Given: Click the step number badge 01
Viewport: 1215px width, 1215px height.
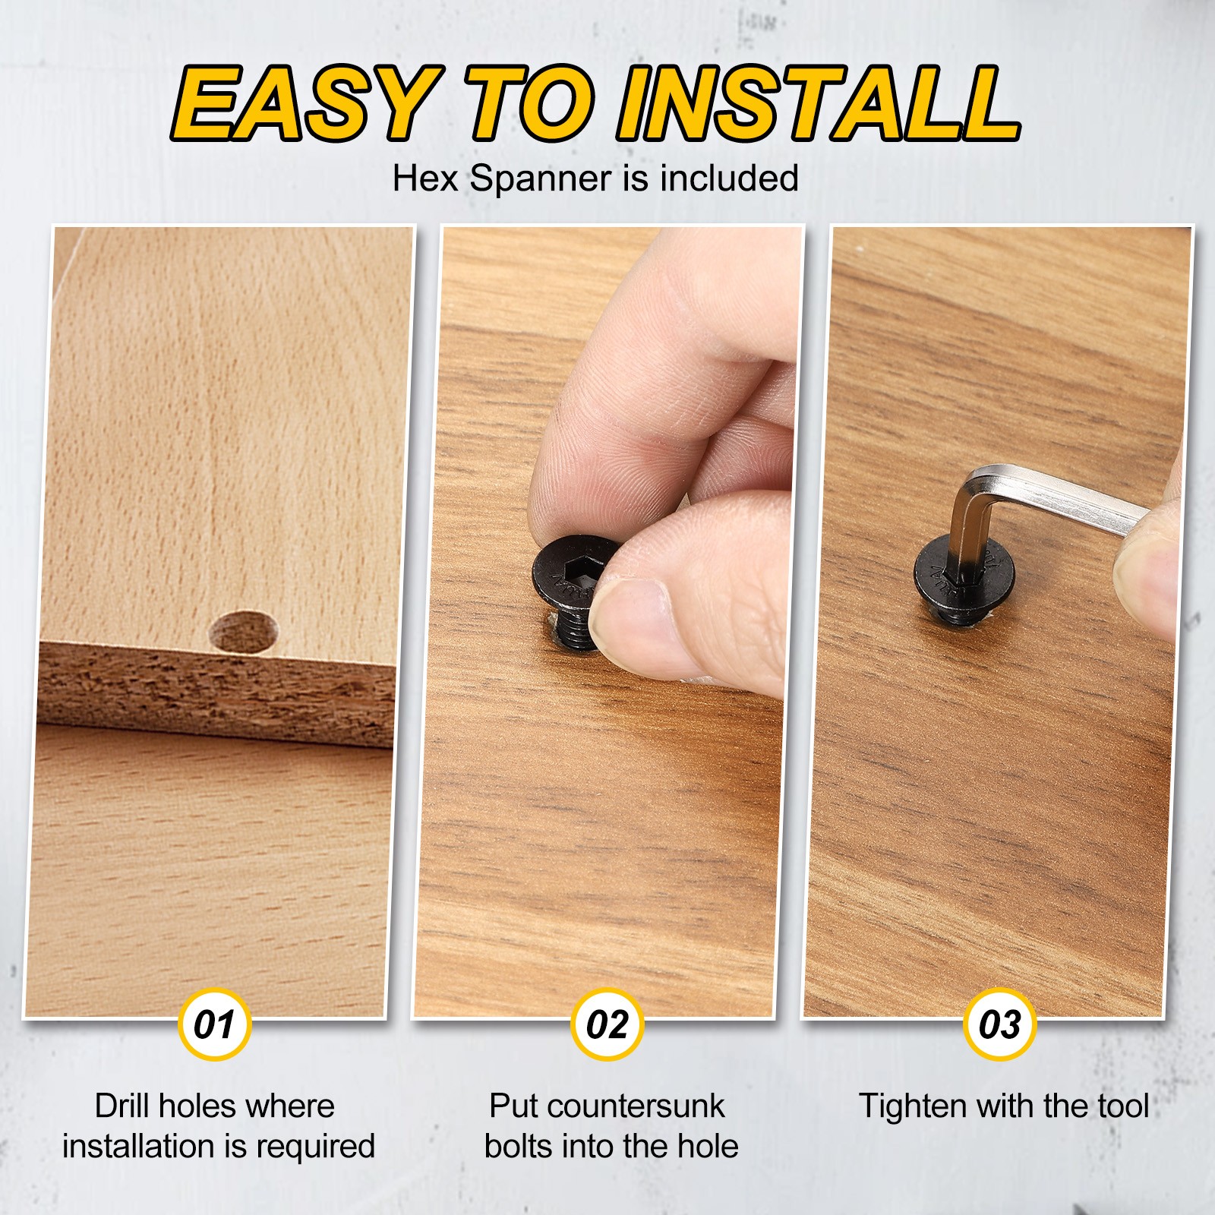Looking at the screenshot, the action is click(214, 1024).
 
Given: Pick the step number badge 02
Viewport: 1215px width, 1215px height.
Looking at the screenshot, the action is click(607, 1024).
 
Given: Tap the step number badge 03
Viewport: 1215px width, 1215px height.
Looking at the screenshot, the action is click(1000, 1024).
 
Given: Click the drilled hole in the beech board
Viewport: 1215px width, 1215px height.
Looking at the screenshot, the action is click(245, 632).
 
